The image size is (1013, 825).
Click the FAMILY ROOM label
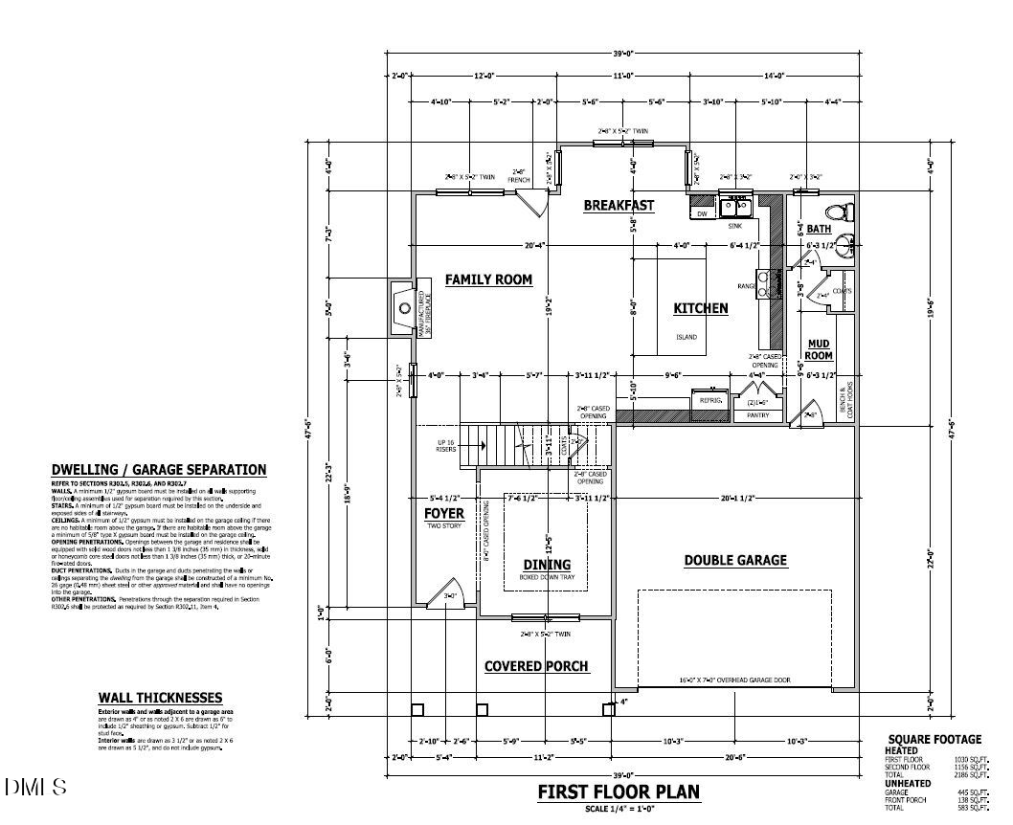pos(488,279)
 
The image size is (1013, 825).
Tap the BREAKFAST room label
pos(619,205)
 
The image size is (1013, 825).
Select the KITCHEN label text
pos(701,308)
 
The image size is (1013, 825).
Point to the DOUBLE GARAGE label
pos(735,560)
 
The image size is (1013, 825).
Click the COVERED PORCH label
pos(536,666)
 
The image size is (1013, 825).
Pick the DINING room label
pos(547,565)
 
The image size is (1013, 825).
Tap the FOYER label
pos(444,514)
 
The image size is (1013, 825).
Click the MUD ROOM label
pos(819,349)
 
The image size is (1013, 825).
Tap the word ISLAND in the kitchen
pos(687,337)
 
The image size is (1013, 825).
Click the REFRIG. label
pos(709,400)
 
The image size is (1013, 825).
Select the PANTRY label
pos(758,415)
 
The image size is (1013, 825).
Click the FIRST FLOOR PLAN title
pos(618,792)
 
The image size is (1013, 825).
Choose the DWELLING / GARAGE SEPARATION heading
pos(159,470)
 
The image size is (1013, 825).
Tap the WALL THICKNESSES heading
pos(160,698)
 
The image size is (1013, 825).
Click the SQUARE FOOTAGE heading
pos(934,739)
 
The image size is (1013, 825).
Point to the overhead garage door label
pos(734,680)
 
